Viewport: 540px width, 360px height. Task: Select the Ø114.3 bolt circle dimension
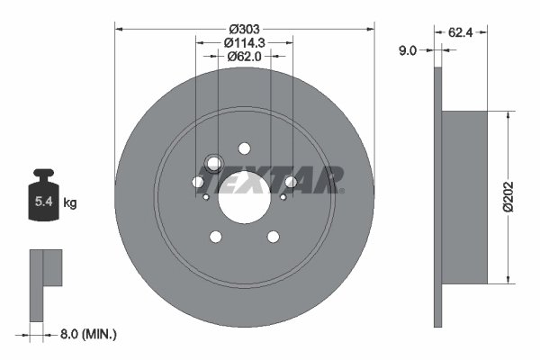[x=244, y=40]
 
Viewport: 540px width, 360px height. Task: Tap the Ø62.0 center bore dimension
[x=244, y=56]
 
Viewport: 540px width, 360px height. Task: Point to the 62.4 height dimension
[x=460, y=32]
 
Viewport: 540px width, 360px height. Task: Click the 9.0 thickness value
[x=407, y=51]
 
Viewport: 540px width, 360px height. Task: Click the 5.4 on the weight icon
[x=42, y=203]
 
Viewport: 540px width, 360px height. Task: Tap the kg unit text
[x=70, y=203]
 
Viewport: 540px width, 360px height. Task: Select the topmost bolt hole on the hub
[x=244, y=148]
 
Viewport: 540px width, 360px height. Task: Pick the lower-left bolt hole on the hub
[x=215, y=237]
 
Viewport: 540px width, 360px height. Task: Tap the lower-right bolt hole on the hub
[x=273, y=237]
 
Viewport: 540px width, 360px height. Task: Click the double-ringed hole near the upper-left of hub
[x=213, y=163]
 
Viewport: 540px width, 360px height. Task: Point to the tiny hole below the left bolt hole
[x=206, y=197]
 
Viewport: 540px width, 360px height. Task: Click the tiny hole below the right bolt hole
[x=283, y=197]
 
